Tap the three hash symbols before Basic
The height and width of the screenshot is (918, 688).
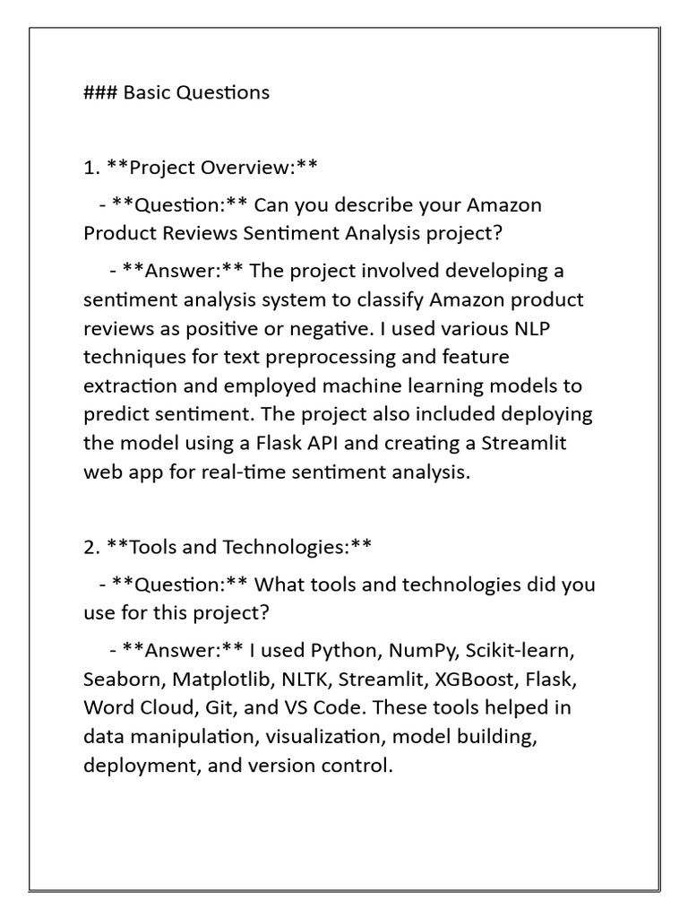click(100, 92)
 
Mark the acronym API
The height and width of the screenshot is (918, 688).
click(320, 444)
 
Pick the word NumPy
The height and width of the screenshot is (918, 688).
click(421, 649)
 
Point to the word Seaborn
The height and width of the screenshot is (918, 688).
click(120, 679)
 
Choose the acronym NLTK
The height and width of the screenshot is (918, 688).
click(306, 679)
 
